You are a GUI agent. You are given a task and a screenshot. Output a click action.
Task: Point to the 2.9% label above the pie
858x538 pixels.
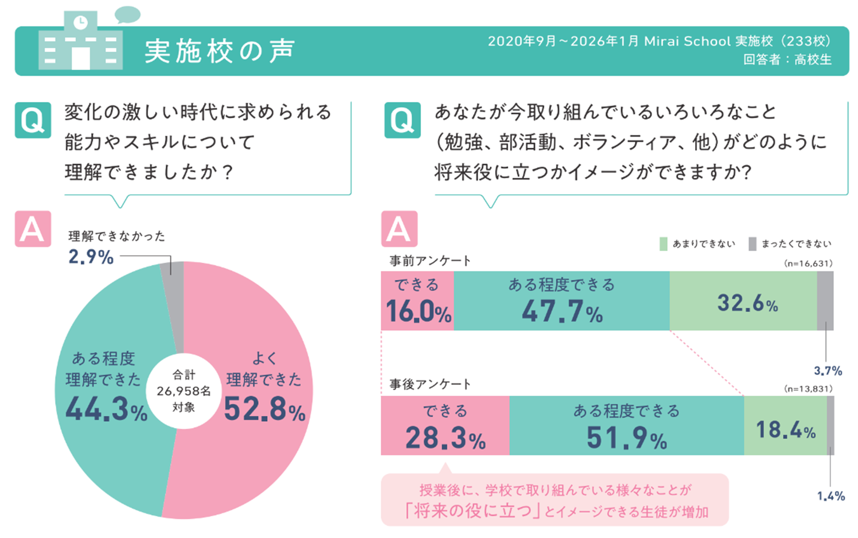[91, 257]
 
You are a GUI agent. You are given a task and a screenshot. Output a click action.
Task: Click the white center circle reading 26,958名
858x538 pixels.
[184, 391]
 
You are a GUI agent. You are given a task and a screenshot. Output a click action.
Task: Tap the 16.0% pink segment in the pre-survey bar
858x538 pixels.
[417, 301]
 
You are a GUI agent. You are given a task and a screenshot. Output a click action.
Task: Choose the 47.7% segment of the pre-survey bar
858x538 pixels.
[562, 301]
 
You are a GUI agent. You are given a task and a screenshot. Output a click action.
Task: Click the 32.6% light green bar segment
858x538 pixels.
[743, 301]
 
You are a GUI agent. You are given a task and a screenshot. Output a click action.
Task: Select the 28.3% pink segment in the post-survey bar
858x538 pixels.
[445, 425]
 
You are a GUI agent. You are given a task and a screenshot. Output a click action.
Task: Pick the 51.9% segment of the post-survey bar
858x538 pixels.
[627, 425]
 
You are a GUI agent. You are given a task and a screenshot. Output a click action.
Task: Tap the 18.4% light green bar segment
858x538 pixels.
[785, 425]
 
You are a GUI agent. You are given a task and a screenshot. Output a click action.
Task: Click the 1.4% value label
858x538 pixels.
[831, 496]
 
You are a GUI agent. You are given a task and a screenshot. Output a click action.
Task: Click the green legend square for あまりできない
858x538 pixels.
[663, 244]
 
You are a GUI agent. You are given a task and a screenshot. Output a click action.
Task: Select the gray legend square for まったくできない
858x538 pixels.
[752, 244]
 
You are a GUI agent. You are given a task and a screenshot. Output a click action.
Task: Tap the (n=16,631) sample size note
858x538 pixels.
[808, 264]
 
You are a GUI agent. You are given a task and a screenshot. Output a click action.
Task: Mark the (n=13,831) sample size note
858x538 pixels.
[808, 389]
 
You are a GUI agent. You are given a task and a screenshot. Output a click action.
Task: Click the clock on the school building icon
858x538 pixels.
[81, 23]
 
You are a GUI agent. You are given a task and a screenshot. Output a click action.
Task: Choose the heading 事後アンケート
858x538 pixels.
[430, 384]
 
